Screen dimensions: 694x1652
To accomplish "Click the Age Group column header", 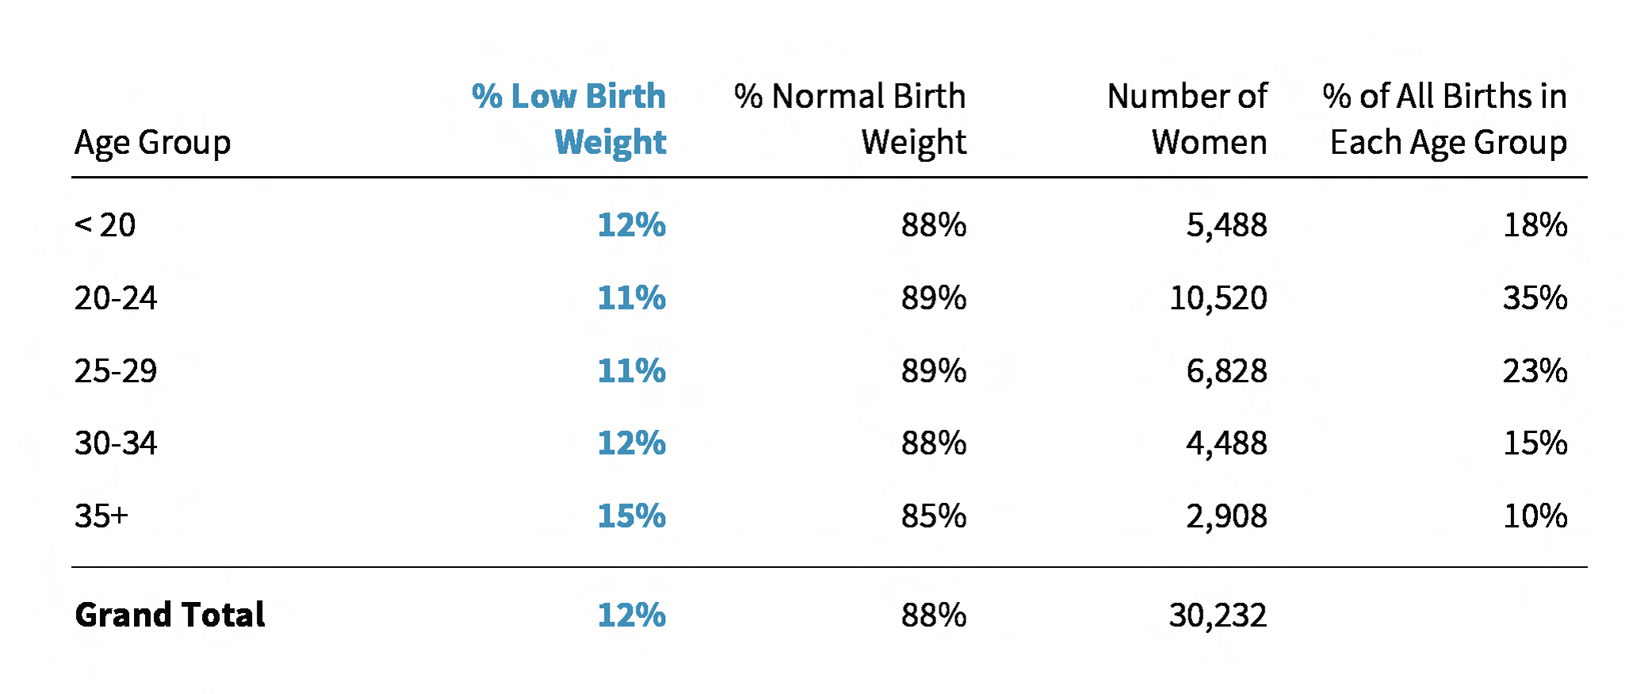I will [x=152, y=143].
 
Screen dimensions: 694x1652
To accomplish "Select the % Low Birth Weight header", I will [x=569, y=119].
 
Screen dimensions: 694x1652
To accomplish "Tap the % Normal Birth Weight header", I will [x=850, y=119].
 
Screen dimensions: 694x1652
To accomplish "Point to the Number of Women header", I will [x=1187, y=119].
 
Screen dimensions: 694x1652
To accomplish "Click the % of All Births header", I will [x=1444, y=119].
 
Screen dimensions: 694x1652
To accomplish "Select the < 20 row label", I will [x=105, y=225].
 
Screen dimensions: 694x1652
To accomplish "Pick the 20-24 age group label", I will [x=116, y=298].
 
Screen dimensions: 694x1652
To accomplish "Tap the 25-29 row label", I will [x=116, y=371].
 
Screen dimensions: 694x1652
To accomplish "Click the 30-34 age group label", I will [x=116, y=443].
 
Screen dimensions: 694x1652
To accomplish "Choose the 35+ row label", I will [x=101, y=516].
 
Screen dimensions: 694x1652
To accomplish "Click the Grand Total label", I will [x=170, y=615].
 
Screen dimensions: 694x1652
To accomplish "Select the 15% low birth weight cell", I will [x=631, y=516].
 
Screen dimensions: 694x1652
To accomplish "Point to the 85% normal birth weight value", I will [x=933, y=516].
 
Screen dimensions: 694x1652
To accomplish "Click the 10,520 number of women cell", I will [x=1218, y=298].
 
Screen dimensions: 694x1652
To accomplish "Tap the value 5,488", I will [x=1226, y=225].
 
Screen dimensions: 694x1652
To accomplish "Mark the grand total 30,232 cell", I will [x=1218, y=615].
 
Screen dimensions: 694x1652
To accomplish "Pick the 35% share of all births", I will [x=1535, y=298].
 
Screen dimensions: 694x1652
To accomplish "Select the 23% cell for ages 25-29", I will [x=1535, y=371].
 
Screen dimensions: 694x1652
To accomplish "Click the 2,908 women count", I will [x=1226, y=516].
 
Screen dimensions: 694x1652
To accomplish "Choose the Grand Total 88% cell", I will [x=933, y=615].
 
